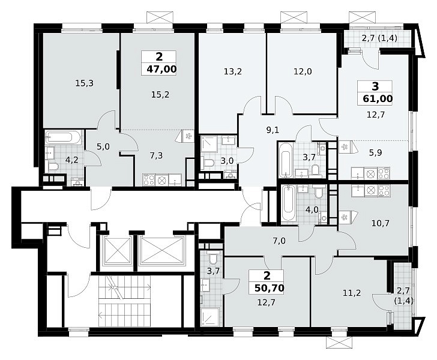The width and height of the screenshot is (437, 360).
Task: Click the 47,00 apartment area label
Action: pyautogui.click(x=161, y=69)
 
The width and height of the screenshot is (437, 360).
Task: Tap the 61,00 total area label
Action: pyautogui.click(x=378, y=98)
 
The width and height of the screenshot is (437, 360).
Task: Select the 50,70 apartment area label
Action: pyautogui.click(x=269, y=288)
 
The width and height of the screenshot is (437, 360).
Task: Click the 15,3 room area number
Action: pyautogui.click(x=85, y=83)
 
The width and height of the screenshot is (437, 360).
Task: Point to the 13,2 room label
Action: pyautogui.click(x=233, y=71)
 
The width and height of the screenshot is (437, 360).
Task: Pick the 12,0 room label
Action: pyautogui.click(x=303, y=71)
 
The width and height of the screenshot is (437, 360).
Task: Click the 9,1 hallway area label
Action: pyautogui.click(x=273, y=130)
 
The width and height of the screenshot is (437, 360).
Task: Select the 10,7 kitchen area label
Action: pyautogui.click(x=381, y=223)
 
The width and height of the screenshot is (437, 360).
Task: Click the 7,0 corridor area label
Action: pyautogui.click(x=279, y=241)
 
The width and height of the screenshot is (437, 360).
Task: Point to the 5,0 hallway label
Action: pyautogui.click(x=103, y=146)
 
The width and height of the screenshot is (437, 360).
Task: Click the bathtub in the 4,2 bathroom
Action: pyautogui.click(x=63, y=137)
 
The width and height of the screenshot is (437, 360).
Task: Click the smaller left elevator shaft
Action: pyautogui.click(x=117, y=250)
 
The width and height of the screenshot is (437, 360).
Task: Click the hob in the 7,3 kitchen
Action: pyautogui.click(x=148, y=180)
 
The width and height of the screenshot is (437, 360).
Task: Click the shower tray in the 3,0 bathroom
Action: pyautogui.click(x=211, y=145)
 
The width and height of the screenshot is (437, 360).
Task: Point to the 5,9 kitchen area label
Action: pyautogui.click(x=375, y=152)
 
